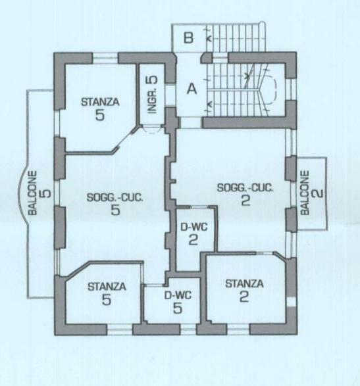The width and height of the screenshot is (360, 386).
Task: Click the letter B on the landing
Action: [188, 38]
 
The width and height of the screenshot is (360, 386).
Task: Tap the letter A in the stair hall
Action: [192, 89]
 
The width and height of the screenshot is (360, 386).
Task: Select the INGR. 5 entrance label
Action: [152, 95]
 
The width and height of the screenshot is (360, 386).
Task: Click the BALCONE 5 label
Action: [39, 193]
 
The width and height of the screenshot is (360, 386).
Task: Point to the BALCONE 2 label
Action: [311, 193]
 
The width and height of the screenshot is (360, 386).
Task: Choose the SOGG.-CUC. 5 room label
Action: [115, 204]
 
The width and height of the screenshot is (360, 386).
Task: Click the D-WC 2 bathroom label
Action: [193, 234]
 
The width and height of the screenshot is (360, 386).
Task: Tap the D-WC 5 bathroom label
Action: [178, 302]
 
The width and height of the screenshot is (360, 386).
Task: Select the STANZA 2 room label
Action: [244, 291]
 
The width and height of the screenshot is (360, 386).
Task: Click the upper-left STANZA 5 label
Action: [100, 109]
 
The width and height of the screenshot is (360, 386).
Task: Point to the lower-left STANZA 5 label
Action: [107, 293]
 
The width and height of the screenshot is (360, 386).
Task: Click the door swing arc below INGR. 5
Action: [151, 130]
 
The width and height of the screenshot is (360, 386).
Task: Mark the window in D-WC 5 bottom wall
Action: [188, 329]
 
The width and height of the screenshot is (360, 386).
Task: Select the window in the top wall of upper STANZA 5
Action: [105, 58]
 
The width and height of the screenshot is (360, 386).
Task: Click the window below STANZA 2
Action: [238, 329]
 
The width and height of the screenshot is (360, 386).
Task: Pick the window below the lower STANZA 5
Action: [120, 329]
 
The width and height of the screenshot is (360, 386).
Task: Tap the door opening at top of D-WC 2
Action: [200, 206]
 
